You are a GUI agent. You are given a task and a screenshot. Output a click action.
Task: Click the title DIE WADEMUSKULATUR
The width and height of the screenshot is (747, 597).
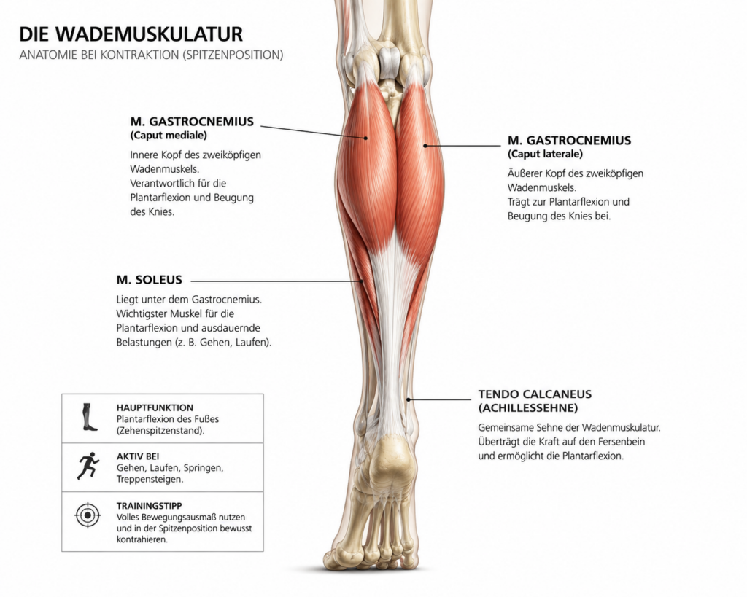tap(131, 34)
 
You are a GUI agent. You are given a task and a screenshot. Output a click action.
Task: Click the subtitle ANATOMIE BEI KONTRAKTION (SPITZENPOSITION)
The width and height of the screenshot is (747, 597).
tap(151, 55)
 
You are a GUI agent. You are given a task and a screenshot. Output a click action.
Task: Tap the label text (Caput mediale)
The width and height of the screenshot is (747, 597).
tap(169, 135)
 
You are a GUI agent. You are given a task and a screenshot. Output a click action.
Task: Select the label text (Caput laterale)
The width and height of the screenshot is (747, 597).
tap(545, 154)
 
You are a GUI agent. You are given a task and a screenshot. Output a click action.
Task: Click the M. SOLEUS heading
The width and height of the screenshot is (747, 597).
tap(149, 280)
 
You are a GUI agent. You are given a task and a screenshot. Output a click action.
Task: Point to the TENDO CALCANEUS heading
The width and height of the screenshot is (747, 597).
tap(535, 394)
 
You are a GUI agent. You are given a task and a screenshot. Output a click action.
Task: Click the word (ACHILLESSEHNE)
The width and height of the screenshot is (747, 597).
tap(528, 408)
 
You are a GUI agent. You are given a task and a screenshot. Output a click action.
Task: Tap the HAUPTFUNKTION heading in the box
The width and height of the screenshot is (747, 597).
tap(155, 407)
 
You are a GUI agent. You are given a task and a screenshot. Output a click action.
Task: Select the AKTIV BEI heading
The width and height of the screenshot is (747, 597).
tap(138, 456)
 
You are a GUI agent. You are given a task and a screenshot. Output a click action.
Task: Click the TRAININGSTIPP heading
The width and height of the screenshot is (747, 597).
tap(149, 506)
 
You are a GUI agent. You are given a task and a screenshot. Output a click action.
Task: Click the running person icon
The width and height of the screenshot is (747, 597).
tap(88, 466)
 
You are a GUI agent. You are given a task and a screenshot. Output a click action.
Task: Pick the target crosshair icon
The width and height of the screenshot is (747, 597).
tap(88, 515)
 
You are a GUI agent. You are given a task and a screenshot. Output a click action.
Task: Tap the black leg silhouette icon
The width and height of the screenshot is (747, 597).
tap(88, 417)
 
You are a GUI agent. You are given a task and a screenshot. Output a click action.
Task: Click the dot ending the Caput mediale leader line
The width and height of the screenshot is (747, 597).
tap(366, 138)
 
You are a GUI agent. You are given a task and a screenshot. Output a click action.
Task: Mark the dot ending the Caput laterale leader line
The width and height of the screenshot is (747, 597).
tap(425, 146)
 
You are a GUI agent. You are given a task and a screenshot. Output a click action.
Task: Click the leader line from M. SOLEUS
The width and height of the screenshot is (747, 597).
tap(276, 281)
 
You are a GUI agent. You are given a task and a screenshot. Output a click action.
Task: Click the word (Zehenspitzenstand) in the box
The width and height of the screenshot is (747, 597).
tap(160, 431)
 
